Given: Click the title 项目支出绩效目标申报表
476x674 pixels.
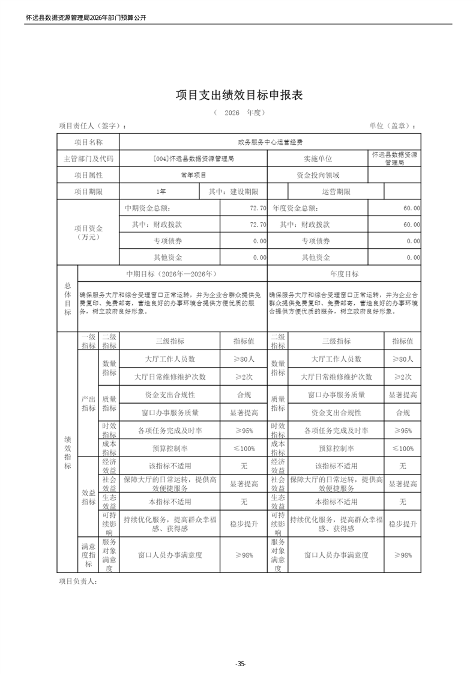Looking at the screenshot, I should click(x=238, y=95).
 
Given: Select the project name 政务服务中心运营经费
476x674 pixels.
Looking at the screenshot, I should click(x=270, y=142).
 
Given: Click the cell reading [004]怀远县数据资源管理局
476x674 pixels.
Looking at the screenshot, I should click(x=193, y=159).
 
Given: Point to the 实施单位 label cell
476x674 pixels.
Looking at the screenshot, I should click(x=318, y=159).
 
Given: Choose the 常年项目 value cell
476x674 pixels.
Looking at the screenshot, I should click(x=193, y=175).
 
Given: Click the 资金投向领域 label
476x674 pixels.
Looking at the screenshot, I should click(x=318, y=175).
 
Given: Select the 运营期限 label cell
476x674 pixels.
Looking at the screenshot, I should click(x=336, y=192).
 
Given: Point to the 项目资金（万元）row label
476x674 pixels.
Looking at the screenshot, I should click(x=88, y=232).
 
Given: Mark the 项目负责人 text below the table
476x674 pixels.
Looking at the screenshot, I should click(x=77, y=581).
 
